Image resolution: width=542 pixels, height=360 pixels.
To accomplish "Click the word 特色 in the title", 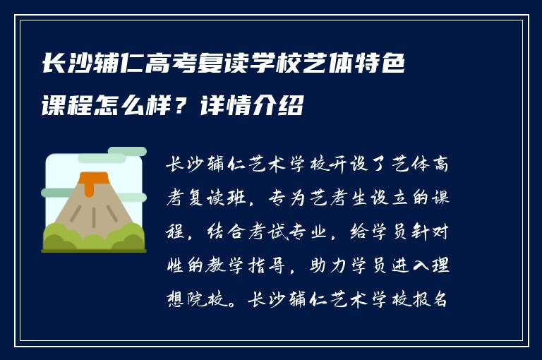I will (x=379, y=66).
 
